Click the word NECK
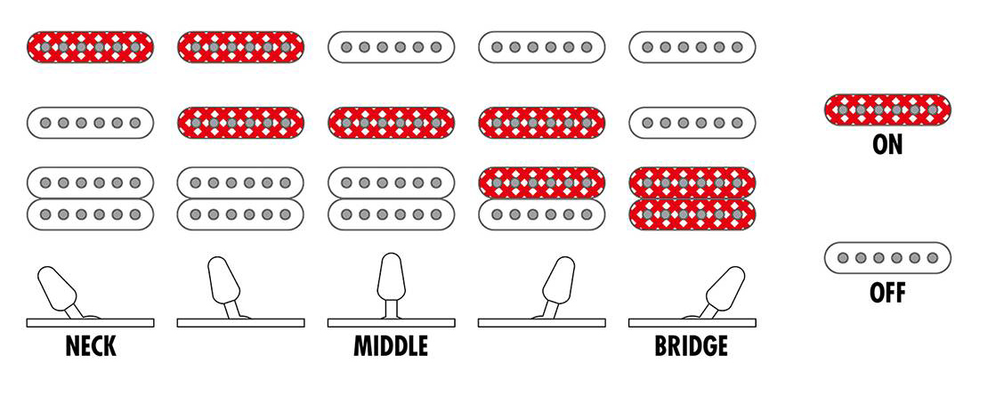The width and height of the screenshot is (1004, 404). (x=91, y=346)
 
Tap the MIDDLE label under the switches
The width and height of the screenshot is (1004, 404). (x=391, y=346)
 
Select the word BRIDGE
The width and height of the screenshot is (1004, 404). (x=691, y=346)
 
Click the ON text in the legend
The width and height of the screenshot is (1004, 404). (x=887, y=145)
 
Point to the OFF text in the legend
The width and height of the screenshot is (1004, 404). (x=887, y=292)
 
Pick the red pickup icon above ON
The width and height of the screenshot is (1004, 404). (x=887, y=109)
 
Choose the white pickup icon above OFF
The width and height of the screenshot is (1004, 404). (x=887, y=258)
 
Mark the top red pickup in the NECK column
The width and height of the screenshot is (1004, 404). (x=91, y=46)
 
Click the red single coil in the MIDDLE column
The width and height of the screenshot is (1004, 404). (x=391, y=121)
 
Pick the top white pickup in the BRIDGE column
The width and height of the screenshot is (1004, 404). (x=691, y=46)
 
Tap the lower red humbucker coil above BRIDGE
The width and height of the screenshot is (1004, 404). (x=691, y=214)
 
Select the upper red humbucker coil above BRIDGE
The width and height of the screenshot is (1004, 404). (x=691, y=183)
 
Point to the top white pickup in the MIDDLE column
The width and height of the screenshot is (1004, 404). (x=391, y=46)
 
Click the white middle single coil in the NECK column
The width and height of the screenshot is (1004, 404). (x=91, y=121)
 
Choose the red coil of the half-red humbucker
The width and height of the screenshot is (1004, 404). (x=541, y=183)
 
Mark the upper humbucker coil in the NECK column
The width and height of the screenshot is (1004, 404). (x=91, y=183)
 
